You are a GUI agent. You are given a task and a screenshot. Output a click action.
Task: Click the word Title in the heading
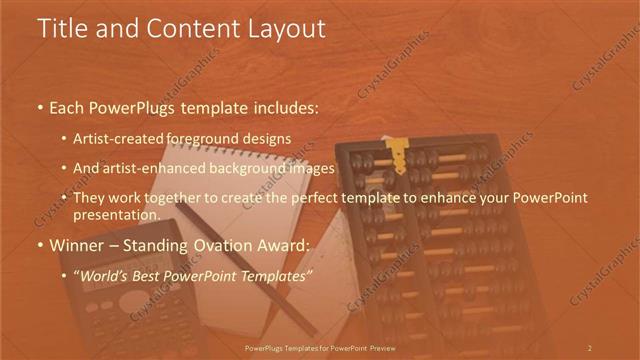[x=61, y=28]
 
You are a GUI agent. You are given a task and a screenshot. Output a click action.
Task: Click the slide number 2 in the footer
[x=589, y=347]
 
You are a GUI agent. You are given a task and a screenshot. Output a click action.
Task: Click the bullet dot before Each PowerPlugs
[x=39, y=106]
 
